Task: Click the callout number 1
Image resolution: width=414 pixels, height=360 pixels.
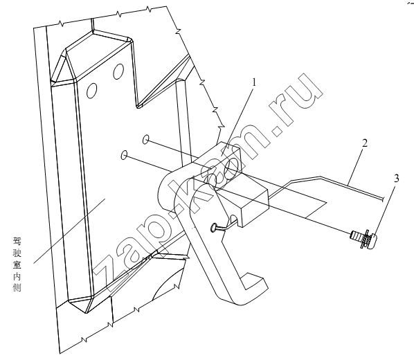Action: point(254,82)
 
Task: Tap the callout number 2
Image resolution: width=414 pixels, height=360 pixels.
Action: point(365,143)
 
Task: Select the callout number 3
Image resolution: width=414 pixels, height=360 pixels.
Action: point(396,179)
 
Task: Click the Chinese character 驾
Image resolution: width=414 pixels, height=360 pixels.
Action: point(17,241)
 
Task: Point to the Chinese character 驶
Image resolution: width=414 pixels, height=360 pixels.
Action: point(17,253)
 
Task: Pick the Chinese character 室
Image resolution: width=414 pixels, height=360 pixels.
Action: point(17,264)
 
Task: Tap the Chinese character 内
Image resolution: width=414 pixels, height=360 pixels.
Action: point(17,276)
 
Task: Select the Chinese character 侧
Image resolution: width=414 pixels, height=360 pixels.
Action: point(17,287)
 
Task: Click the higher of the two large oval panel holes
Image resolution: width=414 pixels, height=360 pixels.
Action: point(118,71)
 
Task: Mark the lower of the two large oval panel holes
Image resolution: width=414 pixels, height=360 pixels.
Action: point(91,91)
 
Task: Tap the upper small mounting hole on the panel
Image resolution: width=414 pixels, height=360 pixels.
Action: point(145,139)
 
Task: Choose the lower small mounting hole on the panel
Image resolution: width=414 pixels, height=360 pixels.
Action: point(123,155)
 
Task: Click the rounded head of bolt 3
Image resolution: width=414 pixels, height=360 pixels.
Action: point(372,239)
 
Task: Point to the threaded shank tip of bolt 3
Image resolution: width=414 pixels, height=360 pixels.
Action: point(352,234)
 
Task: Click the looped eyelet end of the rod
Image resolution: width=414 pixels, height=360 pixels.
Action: point(214,227)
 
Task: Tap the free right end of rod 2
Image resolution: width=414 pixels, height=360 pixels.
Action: point(383,199)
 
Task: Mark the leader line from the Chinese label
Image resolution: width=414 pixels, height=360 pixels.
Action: point(69,231)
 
